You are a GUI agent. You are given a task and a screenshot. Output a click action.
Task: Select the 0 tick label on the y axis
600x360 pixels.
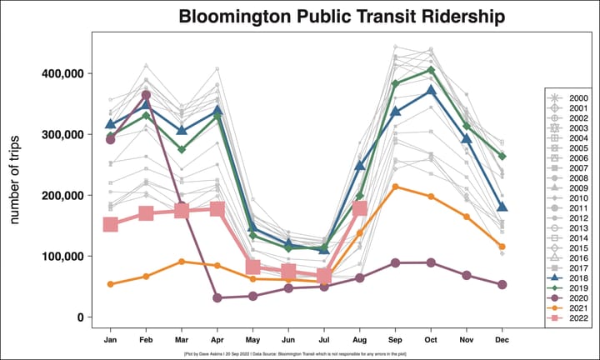coord(79,317)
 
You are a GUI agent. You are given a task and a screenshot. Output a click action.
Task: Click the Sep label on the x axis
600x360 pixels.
coord(395,340)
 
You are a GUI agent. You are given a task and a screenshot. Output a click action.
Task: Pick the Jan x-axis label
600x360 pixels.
coord(110,340)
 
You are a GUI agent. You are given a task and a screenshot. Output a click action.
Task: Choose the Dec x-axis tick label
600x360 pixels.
coord(502,340)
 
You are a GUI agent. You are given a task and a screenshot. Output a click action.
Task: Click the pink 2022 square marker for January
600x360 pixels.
coord(110,225)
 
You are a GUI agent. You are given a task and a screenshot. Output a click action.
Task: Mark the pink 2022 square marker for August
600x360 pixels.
coord(360,208)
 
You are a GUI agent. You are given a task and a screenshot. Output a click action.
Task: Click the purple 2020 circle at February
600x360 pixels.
coord(146,95)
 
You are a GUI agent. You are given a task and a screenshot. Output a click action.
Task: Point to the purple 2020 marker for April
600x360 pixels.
coord(217,297)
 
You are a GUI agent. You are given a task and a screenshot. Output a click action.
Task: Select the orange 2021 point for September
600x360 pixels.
coord(395,187)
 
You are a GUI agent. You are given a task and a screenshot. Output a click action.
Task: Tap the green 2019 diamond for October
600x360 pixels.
coord(431,70)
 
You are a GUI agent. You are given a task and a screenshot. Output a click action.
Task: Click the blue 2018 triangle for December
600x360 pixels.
coord(502,207)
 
